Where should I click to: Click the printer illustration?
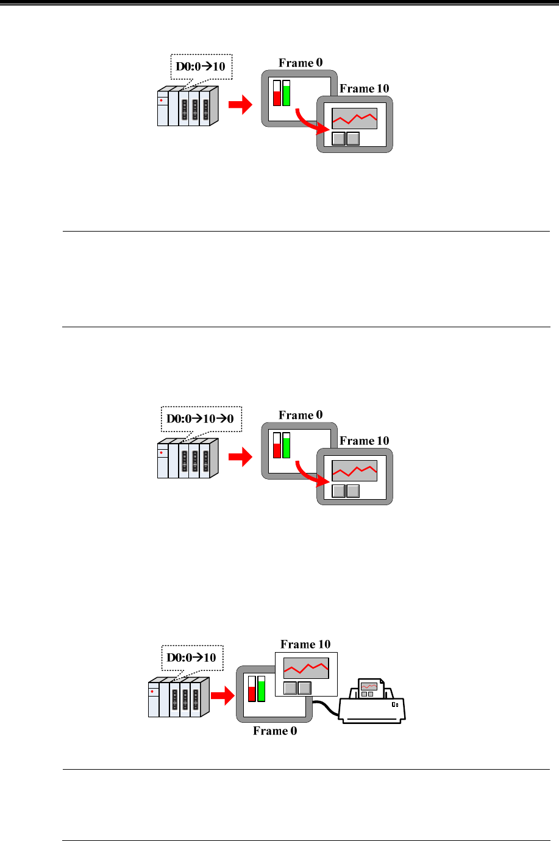[x=372, y=707]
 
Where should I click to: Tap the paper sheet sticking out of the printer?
[x=369, y=689]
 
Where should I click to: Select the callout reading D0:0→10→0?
[x=201, y=419]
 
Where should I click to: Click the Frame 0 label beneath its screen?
[x=275, y=731]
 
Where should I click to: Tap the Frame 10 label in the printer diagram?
[x=305, y=644]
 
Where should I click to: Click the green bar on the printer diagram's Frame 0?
[x=262, y=689]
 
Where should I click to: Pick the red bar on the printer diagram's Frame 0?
[x=252, y=693]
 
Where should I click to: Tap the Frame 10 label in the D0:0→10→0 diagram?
[x=364, y=441]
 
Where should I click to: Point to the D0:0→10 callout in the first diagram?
[x=201, y=66]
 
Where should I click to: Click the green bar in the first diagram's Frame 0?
[x=287, y=94]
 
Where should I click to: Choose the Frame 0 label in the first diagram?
[x=301, y=63]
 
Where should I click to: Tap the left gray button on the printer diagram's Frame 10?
[x=291, y=688]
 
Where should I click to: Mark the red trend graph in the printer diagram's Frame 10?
[x=306, y=668]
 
